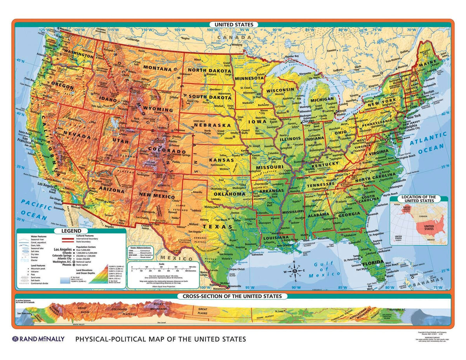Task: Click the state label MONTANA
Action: (157, 69)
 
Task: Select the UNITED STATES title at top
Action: (233, 24)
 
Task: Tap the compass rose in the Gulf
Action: (296, 272)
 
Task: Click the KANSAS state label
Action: (221, 160)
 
